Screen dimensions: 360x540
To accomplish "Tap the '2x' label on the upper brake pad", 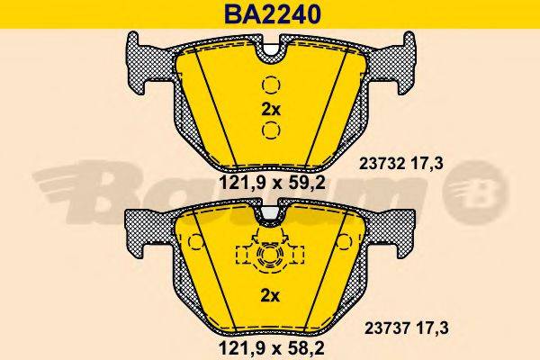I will (x=270, y=109).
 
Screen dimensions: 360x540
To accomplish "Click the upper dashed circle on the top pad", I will (x=270, y=87).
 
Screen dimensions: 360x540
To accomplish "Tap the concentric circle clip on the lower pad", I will (x=269, y=258).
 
